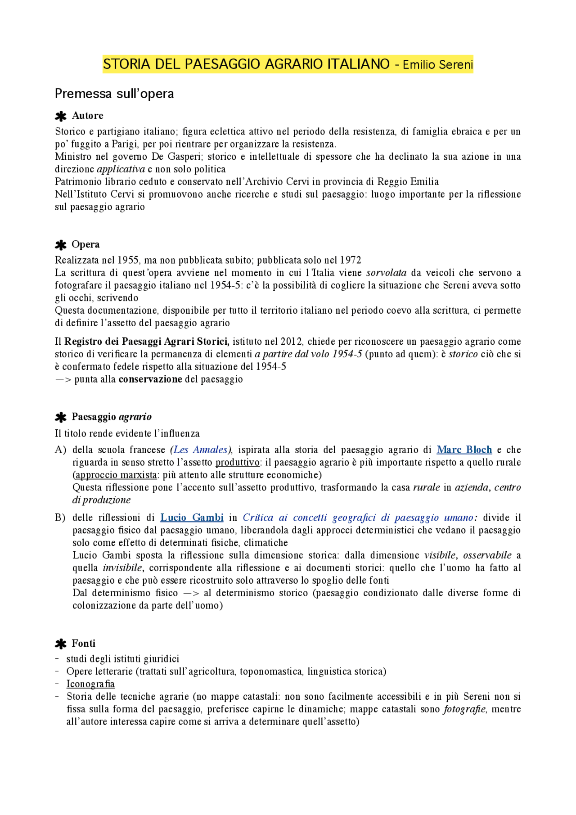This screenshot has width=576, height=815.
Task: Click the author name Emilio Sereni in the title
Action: click(x=437, y=65)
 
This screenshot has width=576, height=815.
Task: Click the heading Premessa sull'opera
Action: click(x=114, y=94)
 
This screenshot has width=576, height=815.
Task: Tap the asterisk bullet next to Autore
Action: click(x=60, y=117)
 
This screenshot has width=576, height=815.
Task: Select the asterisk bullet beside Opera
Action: click(x=60, y=245)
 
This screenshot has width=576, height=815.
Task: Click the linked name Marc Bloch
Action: click(x=464, y=450)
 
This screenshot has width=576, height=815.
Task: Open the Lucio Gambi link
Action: click(x=192, y=518)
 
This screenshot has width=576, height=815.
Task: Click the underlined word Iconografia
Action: click(x=90, y=684)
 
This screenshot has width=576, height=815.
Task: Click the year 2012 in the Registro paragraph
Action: click(x=291, y=342)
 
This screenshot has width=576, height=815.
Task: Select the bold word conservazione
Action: click(x=150, y=379)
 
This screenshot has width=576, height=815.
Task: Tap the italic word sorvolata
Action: click(x=386, y=273)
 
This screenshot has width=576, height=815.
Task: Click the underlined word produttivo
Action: click(x=238, y=462)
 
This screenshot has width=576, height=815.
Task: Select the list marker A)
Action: click(x=60, y=450)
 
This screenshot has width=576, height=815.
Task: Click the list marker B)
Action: click(x=60, y=518)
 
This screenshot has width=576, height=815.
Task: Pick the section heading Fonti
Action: click(x=84, y=644)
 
